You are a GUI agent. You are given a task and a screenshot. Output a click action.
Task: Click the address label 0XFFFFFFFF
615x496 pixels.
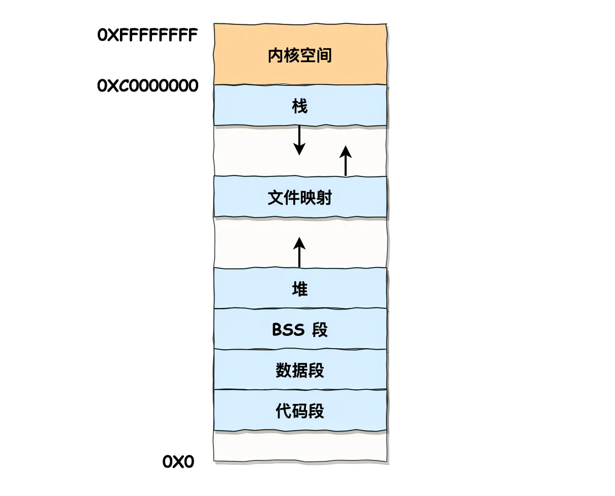147,35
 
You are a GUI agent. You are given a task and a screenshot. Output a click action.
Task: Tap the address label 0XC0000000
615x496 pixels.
147,86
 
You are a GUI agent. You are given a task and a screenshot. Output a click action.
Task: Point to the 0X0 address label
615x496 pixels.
178,462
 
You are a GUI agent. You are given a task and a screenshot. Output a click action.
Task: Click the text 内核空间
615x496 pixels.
300,55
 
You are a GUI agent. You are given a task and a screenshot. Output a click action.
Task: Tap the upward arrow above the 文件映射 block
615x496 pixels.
346,161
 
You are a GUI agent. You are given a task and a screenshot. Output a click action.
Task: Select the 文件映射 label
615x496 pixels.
300,197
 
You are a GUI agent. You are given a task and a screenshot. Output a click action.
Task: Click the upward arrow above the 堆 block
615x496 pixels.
299,252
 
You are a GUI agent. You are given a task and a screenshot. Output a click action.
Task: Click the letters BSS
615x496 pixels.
288,330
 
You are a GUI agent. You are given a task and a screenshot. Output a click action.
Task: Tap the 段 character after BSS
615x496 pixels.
320,330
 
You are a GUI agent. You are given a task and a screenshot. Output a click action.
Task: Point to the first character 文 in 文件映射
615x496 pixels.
275,197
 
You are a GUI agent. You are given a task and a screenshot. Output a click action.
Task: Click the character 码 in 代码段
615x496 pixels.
300,411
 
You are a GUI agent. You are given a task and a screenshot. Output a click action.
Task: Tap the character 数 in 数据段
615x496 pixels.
283,370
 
